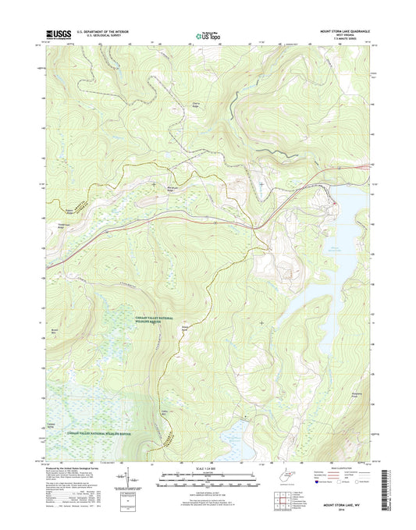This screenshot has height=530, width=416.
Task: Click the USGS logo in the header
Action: point(59,34)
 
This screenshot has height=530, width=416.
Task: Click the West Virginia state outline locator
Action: point(268,471)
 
